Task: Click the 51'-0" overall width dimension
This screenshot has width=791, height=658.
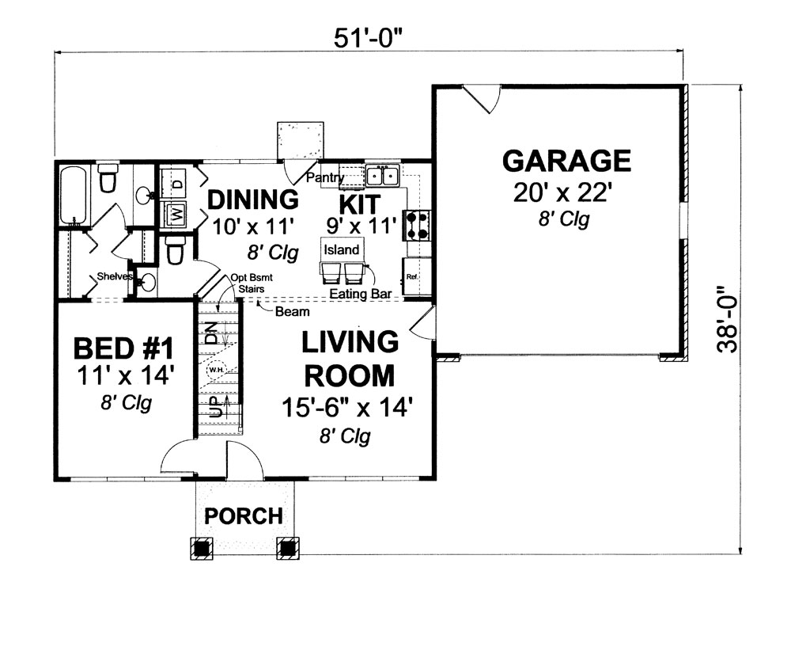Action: [369, 37]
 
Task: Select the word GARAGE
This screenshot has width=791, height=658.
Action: [566, 161]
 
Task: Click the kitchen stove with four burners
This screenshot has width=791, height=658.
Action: [418, 224]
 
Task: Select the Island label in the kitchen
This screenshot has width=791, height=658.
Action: [341, 250]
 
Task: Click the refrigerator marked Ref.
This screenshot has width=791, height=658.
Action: [412, 277]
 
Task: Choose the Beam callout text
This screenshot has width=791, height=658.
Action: [293, 312]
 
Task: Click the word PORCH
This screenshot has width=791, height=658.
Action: [244, 516]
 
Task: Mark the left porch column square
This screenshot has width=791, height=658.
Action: [202, 548]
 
